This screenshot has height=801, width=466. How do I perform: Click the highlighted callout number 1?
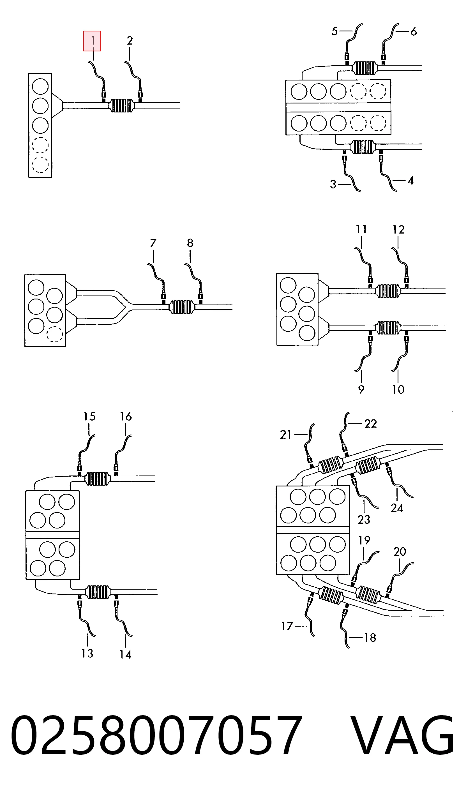(92, 41)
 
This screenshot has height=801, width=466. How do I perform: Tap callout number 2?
(130, 41)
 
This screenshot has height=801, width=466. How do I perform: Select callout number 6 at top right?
(413, 31)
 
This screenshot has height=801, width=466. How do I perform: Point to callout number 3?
(333, 184)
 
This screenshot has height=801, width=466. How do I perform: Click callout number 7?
(153, 243)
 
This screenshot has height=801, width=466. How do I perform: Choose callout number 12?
(399, 230)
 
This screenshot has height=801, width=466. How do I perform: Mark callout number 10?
(398, 389)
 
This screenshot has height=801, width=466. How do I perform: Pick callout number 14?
(125, 654)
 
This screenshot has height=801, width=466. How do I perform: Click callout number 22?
(371, 424)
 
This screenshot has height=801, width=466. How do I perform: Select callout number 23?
(364, 520)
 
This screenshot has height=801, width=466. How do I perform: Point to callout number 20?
(400, 551)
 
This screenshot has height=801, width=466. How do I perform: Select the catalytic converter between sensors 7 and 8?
(182, 307)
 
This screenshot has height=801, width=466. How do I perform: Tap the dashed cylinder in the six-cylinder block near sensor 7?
(54, 334)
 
